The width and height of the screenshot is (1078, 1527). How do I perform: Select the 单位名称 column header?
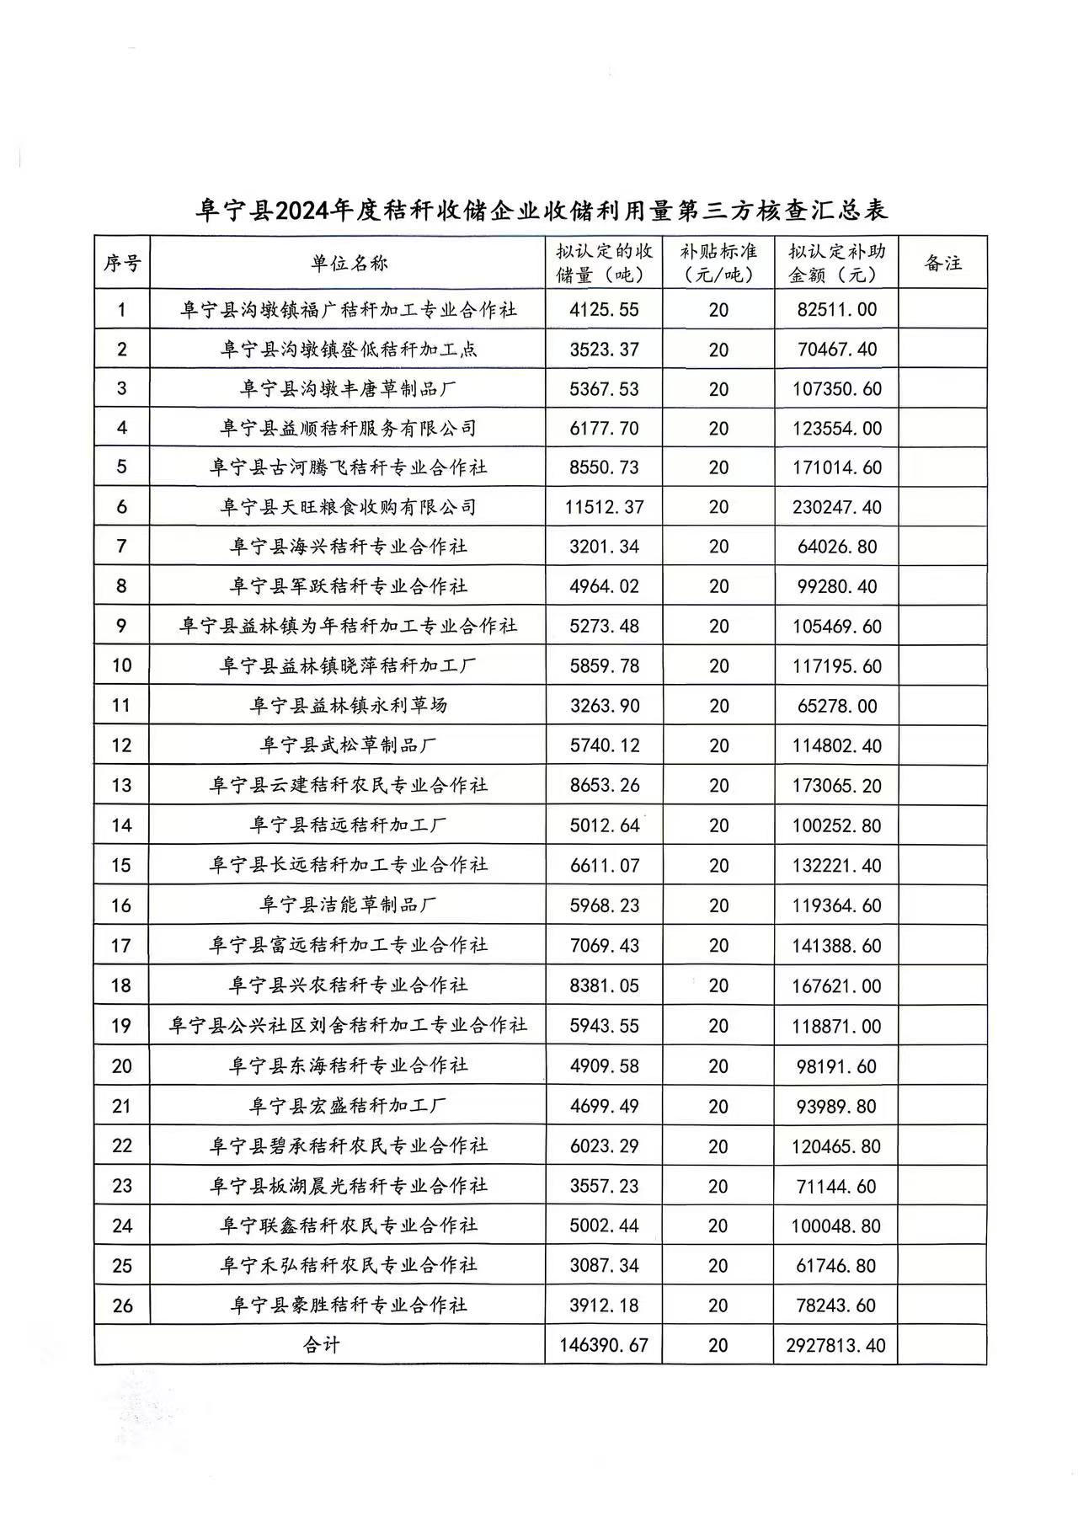(x=348, y=263)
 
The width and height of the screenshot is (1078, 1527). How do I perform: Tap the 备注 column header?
(x=942, y=263)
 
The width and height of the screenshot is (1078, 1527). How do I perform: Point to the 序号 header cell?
(x=122, y=263)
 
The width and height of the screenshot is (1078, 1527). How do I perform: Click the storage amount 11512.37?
(x=604, y=507)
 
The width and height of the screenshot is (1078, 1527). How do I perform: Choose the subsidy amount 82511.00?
(x=836, y=310)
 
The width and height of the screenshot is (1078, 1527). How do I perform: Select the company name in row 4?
(x=348, y=428)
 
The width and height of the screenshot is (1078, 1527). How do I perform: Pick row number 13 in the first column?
(x=122, y=785)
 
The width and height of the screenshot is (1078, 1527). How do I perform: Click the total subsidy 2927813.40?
(x=835, y=1345)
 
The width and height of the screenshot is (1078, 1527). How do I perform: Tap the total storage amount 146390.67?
(x=604, y=1345)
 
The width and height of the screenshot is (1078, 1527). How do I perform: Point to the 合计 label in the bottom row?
(x=321, y=1345)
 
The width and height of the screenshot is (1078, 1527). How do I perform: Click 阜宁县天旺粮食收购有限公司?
(x=348, y=507)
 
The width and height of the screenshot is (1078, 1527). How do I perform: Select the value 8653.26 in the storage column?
(x=604, y=785)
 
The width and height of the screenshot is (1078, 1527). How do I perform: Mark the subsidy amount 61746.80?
(x=836, y=1266)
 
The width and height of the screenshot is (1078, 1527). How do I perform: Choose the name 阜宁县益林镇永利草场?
(x=348, y=705)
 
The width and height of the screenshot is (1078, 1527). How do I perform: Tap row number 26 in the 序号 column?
(x=122, y=1305)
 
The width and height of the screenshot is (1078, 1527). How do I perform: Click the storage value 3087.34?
(x=604, y=1266)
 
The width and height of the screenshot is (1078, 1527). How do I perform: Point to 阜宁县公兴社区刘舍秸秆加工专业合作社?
(x=348, y=1025)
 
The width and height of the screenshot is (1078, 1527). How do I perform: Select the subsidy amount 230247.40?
(x=836, y=507)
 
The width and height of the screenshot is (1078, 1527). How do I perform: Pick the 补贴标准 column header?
(x=718, y=263)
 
